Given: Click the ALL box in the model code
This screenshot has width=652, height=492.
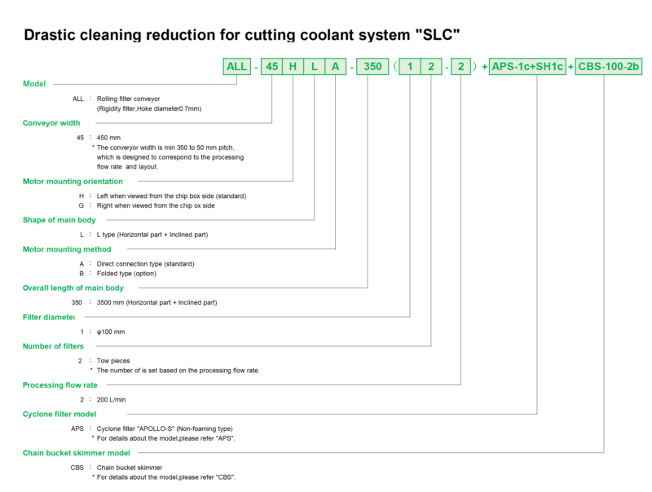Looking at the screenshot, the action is click(237, 67).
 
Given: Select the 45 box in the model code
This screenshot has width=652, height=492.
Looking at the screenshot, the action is click(272, 67).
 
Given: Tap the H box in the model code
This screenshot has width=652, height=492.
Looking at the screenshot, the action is click(293, 67).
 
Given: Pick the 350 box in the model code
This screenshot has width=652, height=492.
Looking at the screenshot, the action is click(372, 67).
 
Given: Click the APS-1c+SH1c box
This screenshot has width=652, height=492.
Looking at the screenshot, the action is click(527, 67).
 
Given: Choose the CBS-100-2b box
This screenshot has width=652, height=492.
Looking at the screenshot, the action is click(608, 67).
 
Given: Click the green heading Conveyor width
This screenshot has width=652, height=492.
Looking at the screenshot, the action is click(51, 123).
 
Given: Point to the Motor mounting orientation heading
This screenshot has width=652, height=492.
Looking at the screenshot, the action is click(73, 182).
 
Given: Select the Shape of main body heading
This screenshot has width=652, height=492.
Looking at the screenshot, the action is click(59, 220).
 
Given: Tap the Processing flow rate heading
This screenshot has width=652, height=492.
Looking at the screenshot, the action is click(59, 385).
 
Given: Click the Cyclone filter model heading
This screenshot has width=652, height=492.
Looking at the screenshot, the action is click(59, 415).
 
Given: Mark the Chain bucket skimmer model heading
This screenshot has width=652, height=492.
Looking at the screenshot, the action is click(77, 453).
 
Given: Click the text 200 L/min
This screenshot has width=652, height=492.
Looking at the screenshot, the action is click(111, 400).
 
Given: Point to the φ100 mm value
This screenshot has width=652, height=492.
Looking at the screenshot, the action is click(111, 332).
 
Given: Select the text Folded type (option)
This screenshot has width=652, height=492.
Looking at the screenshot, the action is click(126, 274).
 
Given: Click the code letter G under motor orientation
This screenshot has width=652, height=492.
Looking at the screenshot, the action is click(81, 206).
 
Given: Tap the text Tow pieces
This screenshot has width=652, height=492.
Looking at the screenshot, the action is click(113, 361).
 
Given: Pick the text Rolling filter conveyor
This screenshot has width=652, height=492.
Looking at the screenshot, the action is click(129, 99).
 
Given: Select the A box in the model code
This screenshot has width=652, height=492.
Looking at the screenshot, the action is click(336, 67).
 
